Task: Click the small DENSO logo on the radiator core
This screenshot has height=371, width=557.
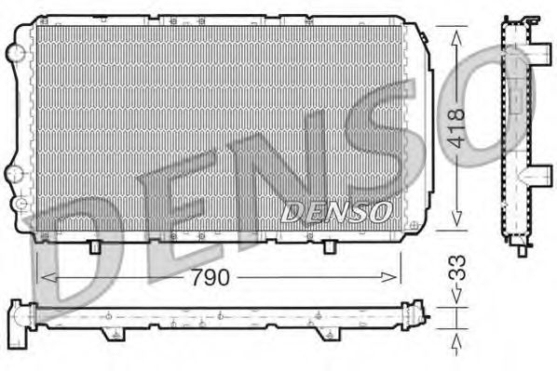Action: (x=335, y=211)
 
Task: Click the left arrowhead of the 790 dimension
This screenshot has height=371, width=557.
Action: (x=43, y=276)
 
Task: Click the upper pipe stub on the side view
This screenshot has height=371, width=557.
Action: (x=535, y=45)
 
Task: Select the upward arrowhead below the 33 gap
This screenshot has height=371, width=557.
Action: (x=456, y=336)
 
